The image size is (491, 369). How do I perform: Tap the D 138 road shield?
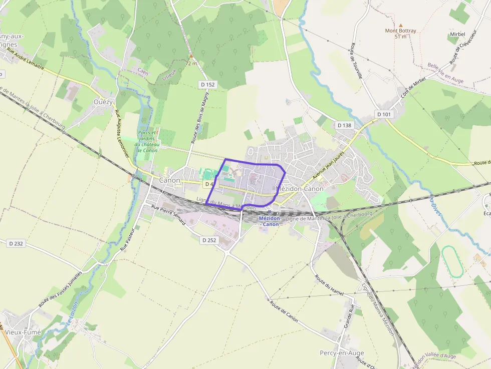344,125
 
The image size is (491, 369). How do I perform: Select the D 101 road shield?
384,114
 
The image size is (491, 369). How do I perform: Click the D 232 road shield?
16,243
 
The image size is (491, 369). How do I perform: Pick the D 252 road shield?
209,240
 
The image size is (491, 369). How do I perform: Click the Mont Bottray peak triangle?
400,25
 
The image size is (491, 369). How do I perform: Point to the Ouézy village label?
104,102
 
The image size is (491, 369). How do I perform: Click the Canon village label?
169,180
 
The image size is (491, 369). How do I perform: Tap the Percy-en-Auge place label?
341,352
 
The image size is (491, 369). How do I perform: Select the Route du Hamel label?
329,284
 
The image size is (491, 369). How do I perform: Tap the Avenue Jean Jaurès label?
329,166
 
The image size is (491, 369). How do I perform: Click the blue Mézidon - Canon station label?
269,221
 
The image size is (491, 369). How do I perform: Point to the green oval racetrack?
452,261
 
